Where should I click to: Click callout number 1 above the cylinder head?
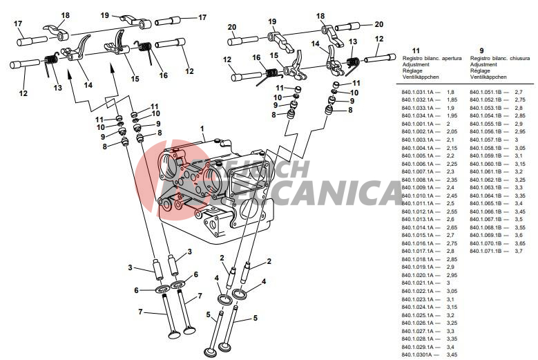202,129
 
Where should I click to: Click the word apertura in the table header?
448,59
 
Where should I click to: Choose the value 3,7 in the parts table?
519,250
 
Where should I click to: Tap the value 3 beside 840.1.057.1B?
516,140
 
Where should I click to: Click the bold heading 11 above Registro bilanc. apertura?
415,50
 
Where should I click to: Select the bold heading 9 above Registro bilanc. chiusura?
472,50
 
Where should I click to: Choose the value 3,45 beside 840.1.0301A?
452,354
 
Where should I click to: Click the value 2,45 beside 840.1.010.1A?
452,196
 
